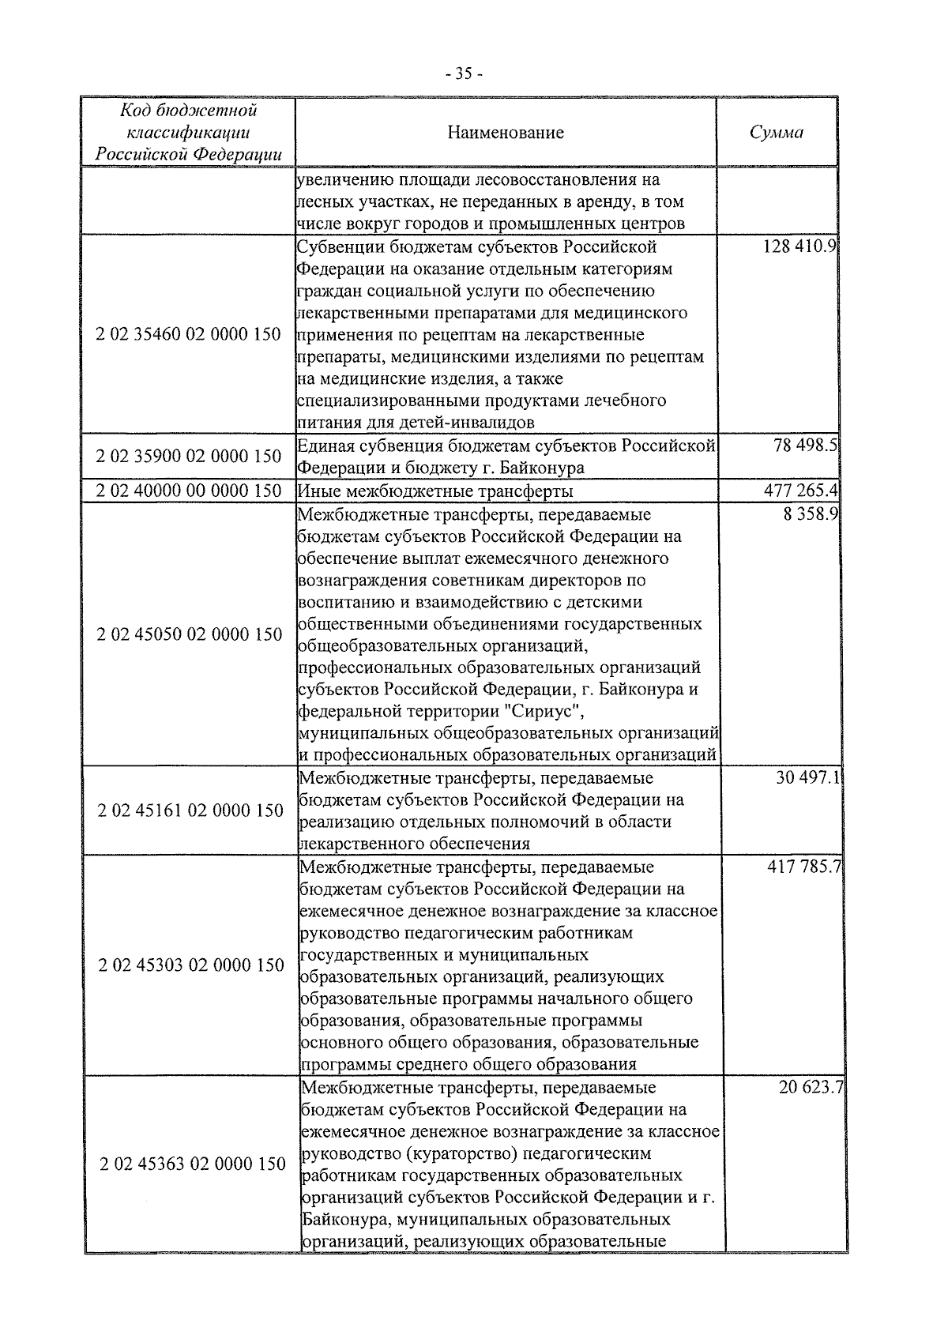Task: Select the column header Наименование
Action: click(506, 132)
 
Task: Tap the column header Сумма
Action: click(776, 132)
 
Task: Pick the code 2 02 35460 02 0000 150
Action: click(189, 334)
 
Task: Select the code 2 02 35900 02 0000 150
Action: click(189, 457)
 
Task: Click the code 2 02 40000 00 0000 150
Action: click(189, 491)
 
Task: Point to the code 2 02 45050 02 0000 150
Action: click(189, 634)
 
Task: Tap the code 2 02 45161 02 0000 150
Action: click(190, 811)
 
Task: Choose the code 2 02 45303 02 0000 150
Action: click(191, 965)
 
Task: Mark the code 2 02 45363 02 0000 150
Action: click(193, 1164)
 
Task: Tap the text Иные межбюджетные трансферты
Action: click(435, 491)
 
